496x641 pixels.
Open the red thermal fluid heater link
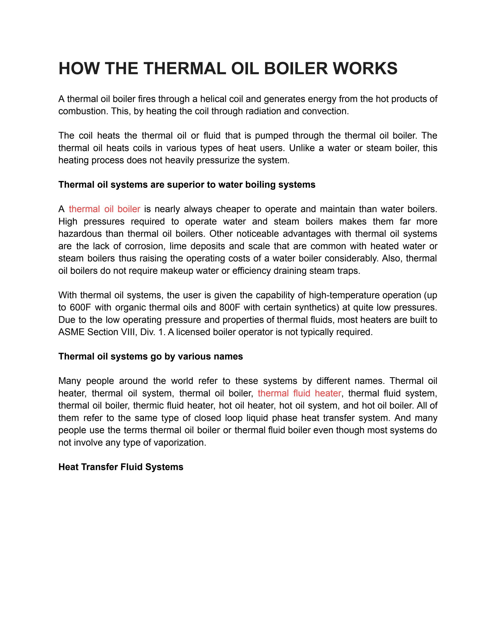(x=299, y=393)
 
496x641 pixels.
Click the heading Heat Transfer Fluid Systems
(x=121, y=467)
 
